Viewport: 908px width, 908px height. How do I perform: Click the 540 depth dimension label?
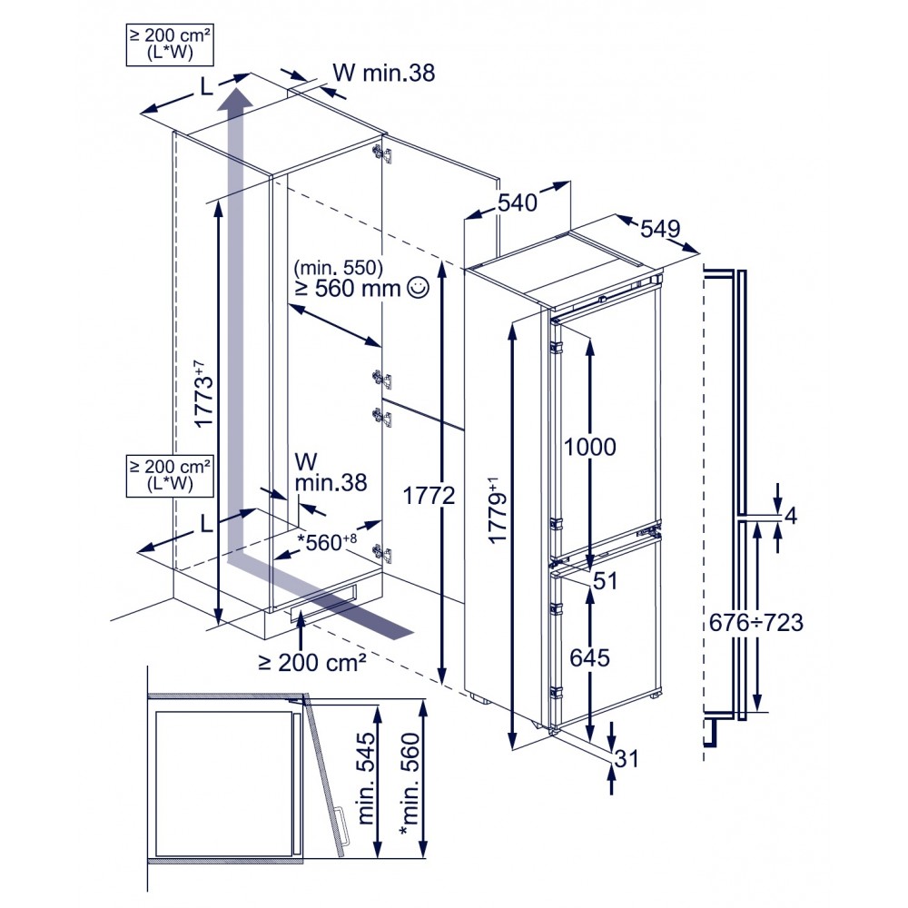[x=518, y=202]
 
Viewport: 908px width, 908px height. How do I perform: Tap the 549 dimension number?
[x=660, y=230]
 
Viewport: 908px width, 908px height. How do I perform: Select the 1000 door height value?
[x=589, y=447]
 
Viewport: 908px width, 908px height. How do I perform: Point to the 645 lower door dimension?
[x=589, y=657]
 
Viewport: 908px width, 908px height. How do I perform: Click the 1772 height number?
[x=429, y=496]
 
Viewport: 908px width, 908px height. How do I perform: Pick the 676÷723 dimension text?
[x=756, y=623]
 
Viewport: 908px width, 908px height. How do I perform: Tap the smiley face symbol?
[x=418, y=288]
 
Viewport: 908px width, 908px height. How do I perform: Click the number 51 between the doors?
[x=605, y=581]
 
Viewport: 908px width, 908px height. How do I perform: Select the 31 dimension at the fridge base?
[x=626, y=758]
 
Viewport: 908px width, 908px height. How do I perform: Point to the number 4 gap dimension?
[x=791, y=515]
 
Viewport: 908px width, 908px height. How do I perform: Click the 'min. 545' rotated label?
[x=366, y=778]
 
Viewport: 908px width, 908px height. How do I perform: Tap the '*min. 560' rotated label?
[x=410, y=785]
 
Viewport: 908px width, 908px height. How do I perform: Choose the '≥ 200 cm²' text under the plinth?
[x=312, y=662]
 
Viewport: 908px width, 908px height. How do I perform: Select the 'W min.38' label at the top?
[x=383, y=73]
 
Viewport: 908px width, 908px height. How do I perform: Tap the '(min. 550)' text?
[x=338, y=267]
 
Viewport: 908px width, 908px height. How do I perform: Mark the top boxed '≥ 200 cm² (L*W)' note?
[x=170, y=44]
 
